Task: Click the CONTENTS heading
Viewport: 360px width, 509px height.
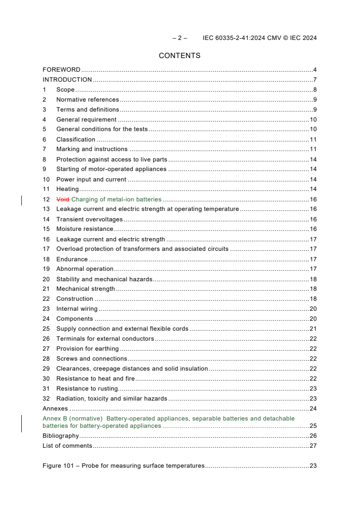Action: [x=179, y=56]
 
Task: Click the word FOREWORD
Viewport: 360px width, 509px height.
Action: [x=61, y=70]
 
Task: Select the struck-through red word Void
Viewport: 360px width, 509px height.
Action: [x=63, y=199]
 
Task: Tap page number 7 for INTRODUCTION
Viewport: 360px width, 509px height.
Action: [x=315, y=80]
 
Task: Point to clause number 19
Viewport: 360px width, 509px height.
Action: [x=46, y=269]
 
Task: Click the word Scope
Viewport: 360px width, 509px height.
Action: [x=65, y=90]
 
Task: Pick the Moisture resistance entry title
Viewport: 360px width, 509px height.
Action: [x=84, y=229]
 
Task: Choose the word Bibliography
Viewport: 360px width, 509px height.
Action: [x=60, y=436]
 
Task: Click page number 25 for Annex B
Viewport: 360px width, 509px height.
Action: [x=313, y=426]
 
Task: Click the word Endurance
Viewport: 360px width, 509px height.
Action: [x=72, y=259]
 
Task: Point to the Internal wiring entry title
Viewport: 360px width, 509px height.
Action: [x=77, y=309]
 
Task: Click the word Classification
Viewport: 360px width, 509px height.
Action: [x=76, y=140]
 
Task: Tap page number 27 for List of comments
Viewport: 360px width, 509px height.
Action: [x=313, y=446]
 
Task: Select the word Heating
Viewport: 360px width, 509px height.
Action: [x=67, y=189]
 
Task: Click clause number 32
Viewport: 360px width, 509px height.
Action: [x=46, y=399]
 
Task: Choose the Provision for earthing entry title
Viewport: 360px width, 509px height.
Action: [x=87, y=349]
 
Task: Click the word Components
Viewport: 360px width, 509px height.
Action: [x=74, y=319]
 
